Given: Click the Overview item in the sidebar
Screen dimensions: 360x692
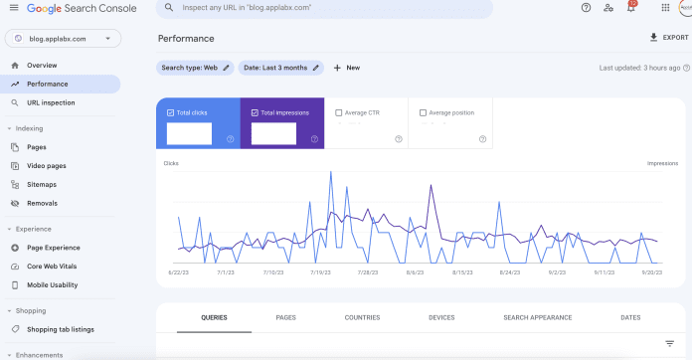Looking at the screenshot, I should [x=42, y=65].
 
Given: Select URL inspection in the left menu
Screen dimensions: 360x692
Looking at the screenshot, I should [x=50, y=102].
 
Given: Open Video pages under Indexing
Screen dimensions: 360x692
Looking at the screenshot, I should [x=46, y=165].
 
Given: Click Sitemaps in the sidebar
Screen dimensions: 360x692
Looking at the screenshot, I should [x=42, y=184].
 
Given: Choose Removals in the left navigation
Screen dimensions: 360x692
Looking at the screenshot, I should [x=42, y=203].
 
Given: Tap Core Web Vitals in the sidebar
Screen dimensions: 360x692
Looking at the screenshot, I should [x=52, y=267].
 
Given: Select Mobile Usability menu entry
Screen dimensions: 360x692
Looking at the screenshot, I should [x=52, y=284].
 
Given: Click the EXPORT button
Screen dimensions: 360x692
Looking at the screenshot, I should [x=668, y=38].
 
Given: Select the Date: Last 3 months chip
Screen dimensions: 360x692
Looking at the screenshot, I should [x=282, y=68].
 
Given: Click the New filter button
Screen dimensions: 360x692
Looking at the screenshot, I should [x=347, y=68].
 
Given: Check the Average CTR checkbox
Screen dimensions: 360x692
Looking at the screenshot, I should [x=339, y=112].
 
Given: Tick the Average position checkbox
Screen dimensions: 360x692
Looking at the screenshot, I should [x=423, y=112].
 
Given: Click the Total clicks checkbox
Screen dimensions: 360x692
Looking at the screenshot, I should [x=171, y=112].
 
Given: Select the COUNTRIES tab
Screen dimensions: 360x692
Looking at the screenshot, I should [x=362, y=317].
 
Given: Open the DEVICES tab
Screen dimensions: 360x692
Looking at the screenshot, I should [x=441, y=317].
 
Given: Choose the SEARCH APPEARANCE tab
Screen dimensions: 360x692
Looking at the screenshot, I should [x=537, y=317].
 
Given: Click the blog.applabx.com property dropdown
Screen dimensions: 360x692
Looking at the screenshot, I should [x=64, y=39].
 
